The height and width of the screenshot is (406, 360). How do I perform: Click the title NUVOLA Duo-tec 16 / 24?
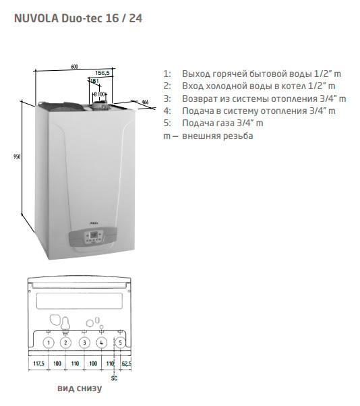pos(78,19)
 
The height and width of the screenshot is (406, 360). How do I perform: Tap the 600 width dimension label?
pos(75,67)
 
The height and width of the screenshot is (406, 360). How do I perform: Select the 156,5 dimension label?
pos(102,73)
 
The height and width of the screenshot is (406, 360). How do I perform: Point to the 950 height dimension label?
pos(17,156)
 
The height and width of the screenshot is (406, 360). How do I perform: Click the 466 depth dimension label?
pos(145,102)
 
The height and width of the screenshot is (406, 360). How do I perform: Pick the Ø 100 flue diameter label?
pos(99,94)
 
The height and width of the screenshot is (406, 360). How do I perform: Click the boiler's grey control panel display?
pos(94,235)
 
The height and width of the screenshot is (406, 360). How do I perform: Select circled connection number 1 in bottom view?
pos(49,343)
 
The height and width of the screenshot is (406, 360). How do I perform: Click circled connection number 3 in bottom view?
pos(84,343)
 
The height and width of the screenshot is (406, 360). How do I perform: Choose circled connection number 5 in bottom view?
pos(120,343)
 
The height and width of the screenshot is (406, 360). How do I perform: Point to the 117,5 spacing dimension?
pos(39,364)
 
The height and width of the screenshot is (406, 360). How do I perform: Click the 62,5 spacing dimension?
pos(126,364)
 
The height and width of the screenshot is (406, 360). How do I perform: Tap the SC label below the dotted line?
pos(114,378)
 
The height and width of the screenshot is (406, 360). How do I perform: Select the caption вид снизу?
pos(80,388)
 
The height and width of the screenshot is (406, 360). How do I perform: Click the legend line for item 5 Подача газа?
pos(213,123)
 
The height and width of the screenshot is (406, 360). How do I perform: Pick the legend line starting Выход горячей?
pos(252,74)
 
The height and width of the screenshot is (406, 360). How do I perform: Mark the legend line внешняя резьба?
pos(208,136)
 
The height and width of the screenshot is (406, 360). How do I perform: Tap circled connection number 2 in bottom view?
pos(65,343)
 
